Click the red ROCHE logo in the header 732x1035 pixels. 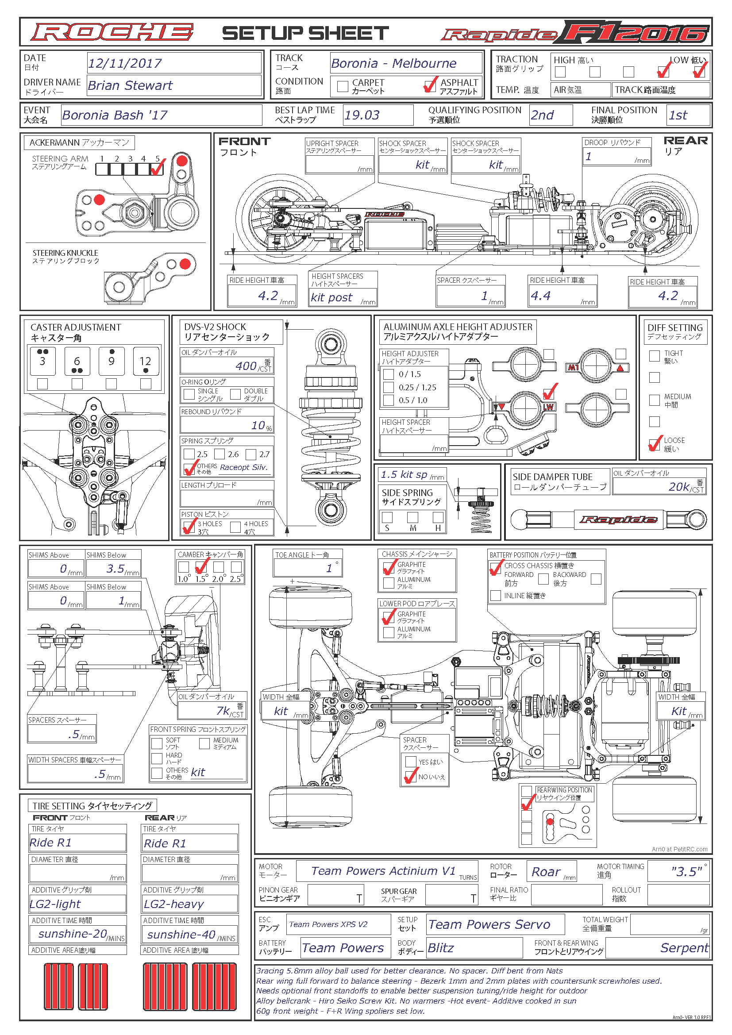click(x=112, y=32)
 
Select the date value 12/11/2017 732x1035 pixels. click(x=125, y=64)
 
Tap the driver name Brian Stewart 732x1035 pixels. click(x=130, y=86)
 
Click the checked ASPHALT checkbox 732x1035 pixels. click(x=430, y=85)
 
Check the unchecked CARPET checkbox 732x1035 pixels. click(x=343, y=86)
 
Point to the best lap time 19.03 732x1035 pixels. click(x=362, y=115)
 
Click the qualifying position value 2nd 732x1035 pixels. click(x=542, y=115)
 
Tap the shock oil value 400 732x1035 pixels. click(x=246, y=366)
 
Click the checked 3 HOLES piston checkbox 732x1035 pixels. click(x=189, y=527)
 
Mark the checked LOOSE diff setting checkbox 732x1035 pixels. click(x=654, y=444)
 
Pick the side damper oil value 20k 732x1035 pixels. click(x=679, y=487)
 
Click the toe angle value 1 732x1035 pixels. click(x=329, y=569)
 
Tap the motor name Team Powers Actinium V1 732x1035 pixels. click(x=383, y=871)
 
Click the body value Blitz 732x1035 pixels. click(x=441, y=948)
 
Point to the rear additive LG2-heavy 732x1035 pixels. click(x=173, y=904)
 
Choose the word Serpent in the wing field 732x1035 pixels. click(x=684, y=948)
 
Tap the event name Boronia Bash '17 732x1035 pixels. click(x=115, y=115)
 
